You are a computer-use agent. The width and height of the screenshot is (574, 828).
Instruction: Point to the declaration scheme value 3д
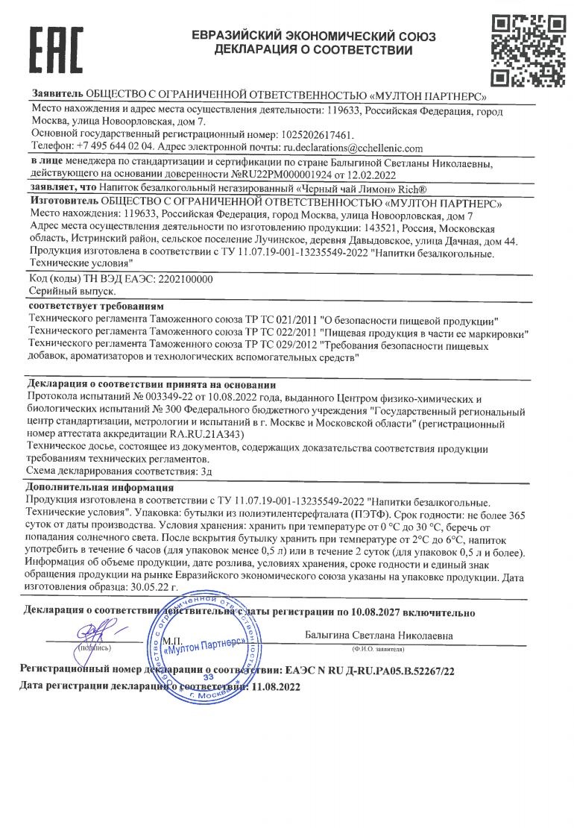point(203,471)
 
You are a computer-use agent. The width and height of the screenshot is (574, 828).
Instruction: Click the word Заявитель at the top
point(57,95)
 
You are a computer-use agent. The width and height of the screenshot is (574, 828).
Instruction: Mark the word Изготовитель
point(64,202)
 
